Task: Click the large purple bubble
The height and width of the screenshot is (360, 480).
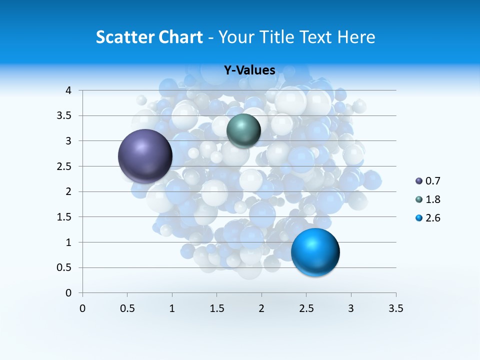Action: click(x=145, y=156)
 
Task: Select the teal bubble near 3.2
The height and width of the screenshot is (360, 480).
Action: click(x=243, y=130)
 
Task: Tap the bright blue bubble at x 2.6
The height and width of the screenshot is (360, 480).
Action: click(x=315, y=252)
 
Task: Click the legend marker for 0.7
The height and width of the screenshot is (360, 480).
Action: click(x=418, y=181)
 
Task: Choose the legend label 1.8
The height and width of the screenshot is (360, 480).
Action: click(x=432, y=199)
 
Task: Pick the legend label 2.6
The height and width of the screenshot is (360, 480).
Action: click(x=432, y=218)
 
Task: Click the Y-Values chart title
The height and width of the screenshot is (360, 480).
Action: click(x=249, y=70)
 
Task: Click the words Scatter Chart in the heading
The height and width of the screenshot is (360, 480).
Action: click(x=149, y=37)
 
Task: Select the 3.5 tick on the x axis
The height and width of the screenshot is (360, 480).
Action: click(x=396, y=308)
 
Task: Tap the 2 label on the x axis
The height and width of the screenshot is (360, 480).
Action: click(x=261, y=308)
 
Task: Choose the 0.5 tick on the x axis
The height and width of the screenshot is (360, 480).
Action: click(x=127, y=308)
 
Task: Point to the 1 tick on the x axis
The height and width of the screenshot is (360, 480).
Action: click(x=172, y=308)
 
